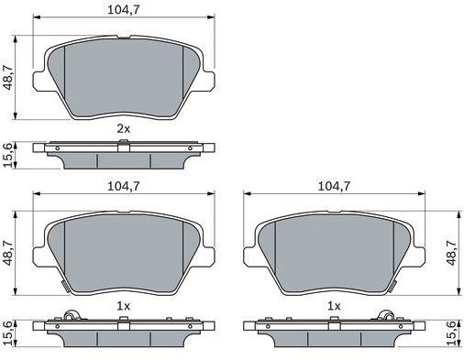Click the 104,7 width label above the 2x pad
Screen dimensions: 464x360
click(124, 10)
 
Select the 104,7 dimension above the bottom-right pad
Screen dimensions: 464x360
click(334, 186)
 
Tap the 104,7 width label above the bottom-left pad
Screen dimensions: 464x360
click(124, 186)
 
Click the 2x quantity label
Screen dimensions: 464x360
click(124, 129)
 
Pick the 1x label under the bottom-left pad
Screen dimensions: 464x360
click(124, 306)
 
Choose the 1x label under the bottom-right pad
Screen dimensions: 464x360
click(334, 306)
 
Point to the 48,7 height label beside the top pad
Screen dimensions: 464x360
click(8, 78)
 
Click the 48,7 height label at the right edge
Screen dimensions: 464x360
click(452, 253)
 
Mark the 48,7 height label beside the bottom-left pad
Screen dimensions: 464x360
click(8, 253)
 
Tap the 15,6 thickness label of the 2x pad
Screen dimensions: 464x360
click(8, 155)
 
